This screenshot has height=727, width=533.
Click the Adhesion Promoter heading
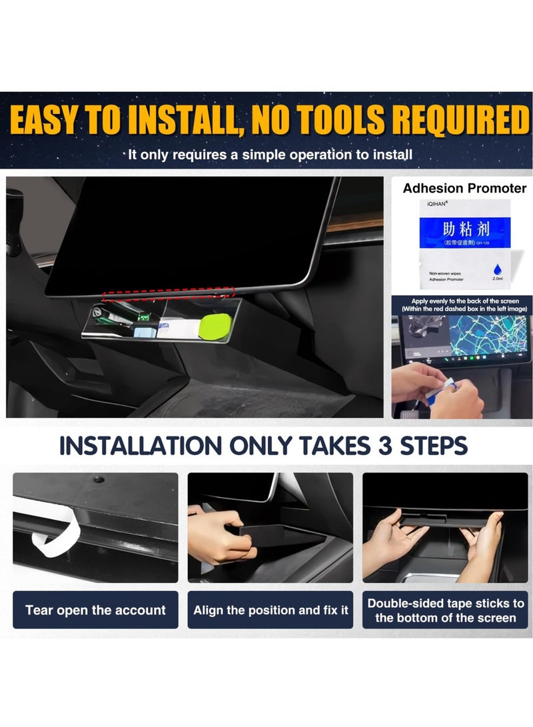(x=464, y=189)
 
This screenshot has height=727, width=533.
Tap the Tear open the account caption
(x=95, y=610)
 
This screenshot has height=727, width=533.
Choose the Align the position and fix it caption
(x=270, y=610)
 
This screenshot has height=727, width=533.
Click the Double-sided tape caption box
(x=446, y=610)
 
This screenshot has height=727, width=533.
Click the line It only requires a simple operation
(x=270, y=155)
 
